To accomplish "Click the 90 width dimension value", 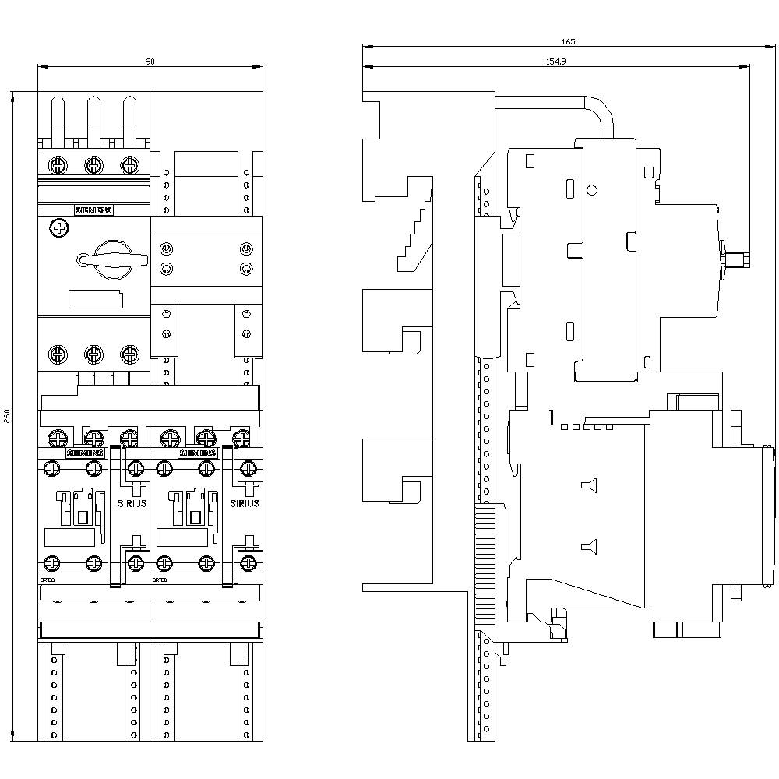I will [x=150, y=62].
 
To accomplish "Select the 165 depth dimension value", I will [x=568, y=41].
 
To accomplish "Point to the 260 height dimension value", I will [x=7, y=416].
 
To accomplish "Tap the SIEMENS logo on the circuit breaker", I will [x=93, y=210].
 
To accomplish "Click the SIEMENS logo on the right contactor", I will [x=197, y=453].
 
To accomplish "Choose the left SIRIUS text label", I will [x=132, y=503].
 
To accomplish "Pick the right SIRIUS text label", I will [x=244, y=503].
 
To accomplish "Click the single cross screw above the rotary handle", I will [x=58, y=228].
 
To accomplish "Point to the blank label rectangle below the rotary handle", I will [x=96, y=299].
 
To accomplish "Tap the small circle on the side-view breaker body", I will [x=591, y=189].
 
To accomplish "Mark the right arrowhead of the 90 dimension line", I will [x=259, y=67].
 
